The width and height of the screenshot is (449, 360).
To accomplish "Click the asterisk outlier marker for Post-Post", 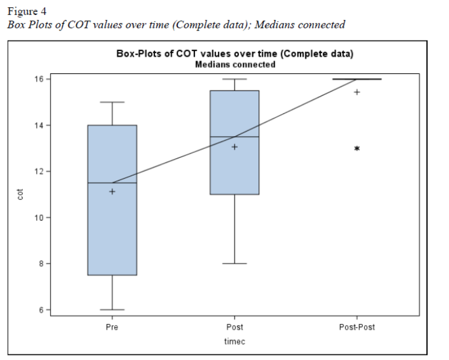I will tap(357, 148).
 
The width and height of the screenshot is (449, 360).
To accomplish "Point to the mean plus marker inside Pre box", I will tap(112, 192).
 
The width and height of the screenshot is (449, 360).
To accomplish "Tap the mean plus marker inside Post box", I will tap(235, 147).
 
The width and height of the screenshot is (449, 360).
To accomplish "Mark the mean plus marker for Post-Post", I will tap(357, 92).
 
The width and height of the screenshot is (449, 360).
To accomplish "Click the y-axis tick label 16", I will tap(39, 79).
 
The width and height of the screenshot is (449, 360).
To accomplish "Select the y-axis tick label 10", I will tap(39, 217).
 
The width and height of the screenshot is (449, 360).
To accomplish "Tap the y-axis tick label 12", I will tap(39, 171).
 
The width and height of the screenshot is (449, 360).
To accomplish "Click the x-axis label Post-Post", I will tap(357, 327).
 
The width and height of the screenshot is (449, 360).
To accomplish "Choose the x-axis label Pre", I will tap(112, 327).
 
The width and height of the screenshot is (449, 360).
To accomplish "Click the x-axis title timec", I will tap(235, 342).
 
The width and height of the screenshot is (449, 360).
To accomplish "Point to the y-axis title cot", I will tap(21, 194).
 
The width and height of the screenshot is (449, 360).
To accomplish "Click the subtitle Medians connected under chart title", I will tap(235, 64).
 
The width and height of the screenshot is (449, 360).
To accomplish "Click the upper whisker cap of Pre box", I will tap(112, 102).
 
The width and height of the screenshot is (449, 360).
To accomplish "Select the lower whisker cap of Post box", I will tap(235, 263).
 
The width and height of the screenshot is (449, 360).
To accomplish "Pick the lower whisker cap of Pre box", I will tap(112, 309).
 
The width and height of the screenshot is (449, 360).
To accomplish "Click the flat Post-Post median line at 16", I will tap(357, 79).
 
